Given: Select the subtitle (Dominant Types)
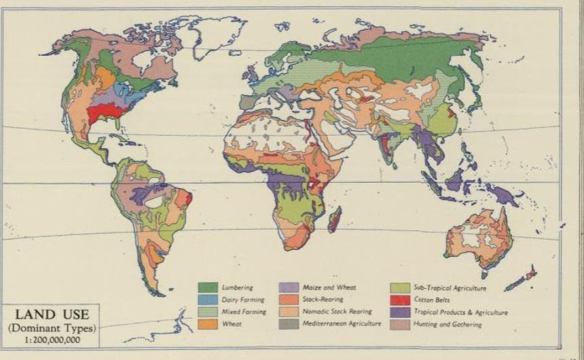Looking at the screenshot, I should [x=50, y=327].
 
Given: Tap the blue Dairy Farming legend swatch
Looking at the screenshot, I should [x=208, y=300].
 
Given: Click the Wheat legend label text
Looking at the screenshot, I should [x=232, y=324].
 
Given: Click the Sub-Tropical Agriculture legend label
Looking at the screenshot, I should [x=450, y=288].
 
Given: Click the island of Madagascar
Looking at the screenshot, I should [x=334, y=219].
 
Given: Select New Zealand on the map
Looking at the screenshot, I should [x=523, y=278].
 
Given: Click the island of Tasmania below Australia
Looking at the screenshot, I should [x=485, y=274].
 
